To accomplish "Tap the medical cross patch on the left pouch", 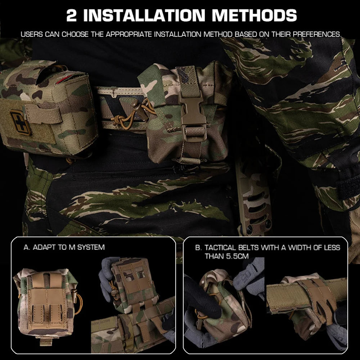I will (20, 122).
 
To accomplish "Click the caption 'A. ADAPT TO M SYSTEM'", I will (64, 247).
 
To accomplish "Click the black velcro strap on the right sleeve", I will (347, 187).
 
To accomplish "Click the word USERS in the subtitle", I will (32, 35).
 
